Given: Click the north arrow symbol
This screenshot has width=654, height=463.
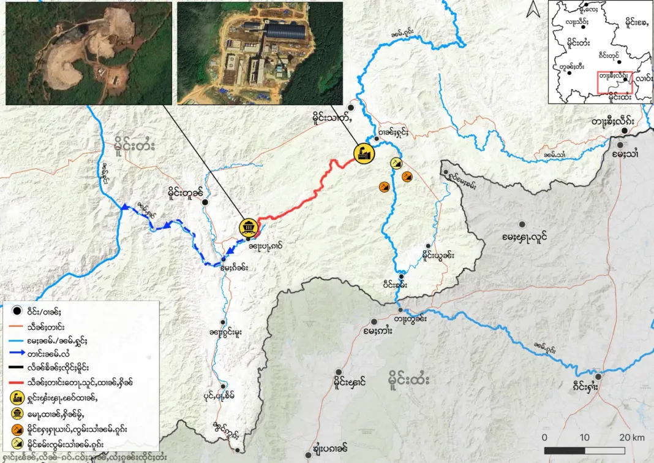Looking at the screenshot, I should pyautogui.click(x=533, y=9).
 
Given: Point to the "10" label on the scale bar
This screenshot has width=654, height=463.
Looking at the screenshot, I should pyautogui.click(x=584, y=437).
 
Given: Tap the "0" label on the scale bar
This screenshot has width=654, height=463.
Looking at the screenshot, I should pyautogui.click(x=544, y=437).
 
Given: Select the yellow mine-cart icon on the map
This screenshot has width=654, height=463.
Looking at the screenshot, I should pyautogui.click(x=249, y=227).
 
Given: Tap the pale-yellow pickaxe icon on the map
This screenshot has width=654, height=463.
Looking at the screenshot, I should pyautogui.click(x=396, y=163).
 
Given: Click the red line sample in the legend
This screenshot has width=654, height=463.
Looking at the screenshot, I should pyautogui.click(x=13, y=381).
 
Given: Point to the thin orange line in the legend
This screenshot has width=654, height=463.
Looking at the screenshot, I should pyautogui.click(x=13, y=324).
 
